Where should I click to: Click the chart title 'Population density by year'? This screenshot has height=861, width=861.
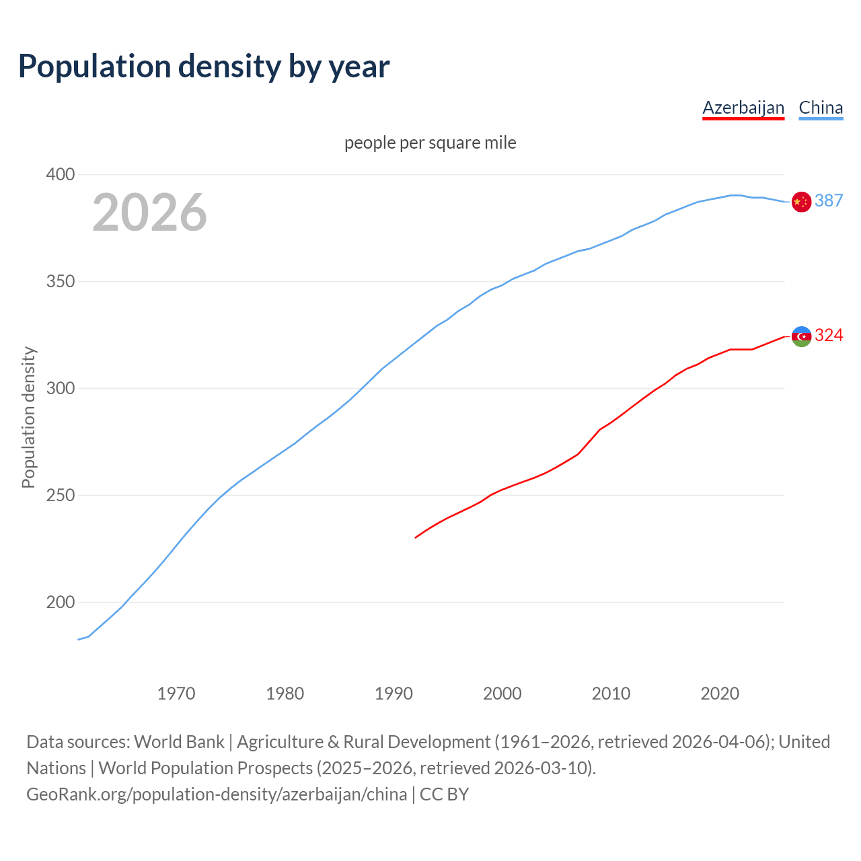click(x=204, y=67)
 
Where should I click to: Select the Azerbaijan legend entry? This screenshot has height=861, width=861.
click(x=743, y=108)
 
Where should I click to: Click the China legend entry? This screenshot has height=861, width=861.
click(x=821, y=108)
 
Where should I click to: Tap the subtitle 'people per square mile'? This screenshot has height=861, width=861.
click(x=430, y=143)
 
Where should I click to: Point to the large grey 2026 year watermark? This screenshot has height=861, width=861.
click(x=149, y=213)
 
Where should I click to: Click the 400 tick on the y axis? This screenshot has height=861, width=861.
click(x=60, y=175)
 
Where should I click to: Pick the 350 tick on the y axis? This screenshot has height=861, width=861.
click(x=60, y=282)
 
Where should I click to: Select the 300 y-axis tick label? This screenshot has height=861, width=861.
click(x=60, y=389)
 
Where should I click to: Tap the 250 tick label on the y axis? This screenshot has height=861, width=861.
click(x=60, y=496)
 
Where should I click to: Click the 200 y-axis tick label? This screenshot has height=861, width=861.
click(x=60, y=603)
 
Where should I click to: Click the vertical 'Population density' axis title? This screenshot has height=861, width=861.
click(x=28, y=417)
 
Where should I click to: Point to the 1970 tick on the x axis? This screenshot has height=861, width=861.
click(x=176, y=694)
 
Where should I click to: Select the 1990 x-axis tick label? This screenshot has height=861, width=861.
click(x=394, y=694)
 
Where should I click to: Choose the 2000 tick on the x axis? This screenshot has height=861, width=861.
click(x=502, y=694)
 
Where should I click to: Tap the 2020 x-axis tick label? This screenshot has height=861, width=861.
click(x=720, y=694)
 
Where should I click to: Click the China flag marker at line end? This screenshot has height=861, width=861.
click(x=801, y=201)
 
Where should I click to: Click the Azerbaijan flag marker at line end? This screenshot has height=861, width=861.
click(x=801, y=336)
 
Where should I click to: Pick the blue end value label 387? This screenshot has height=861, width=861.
click(x=829, y=200)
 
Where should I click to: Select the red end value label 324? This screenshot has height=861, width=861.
click(x=829, y=335)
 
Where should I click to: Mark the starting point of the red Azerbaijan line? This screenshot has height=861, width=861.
click(x=416, y=537)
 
